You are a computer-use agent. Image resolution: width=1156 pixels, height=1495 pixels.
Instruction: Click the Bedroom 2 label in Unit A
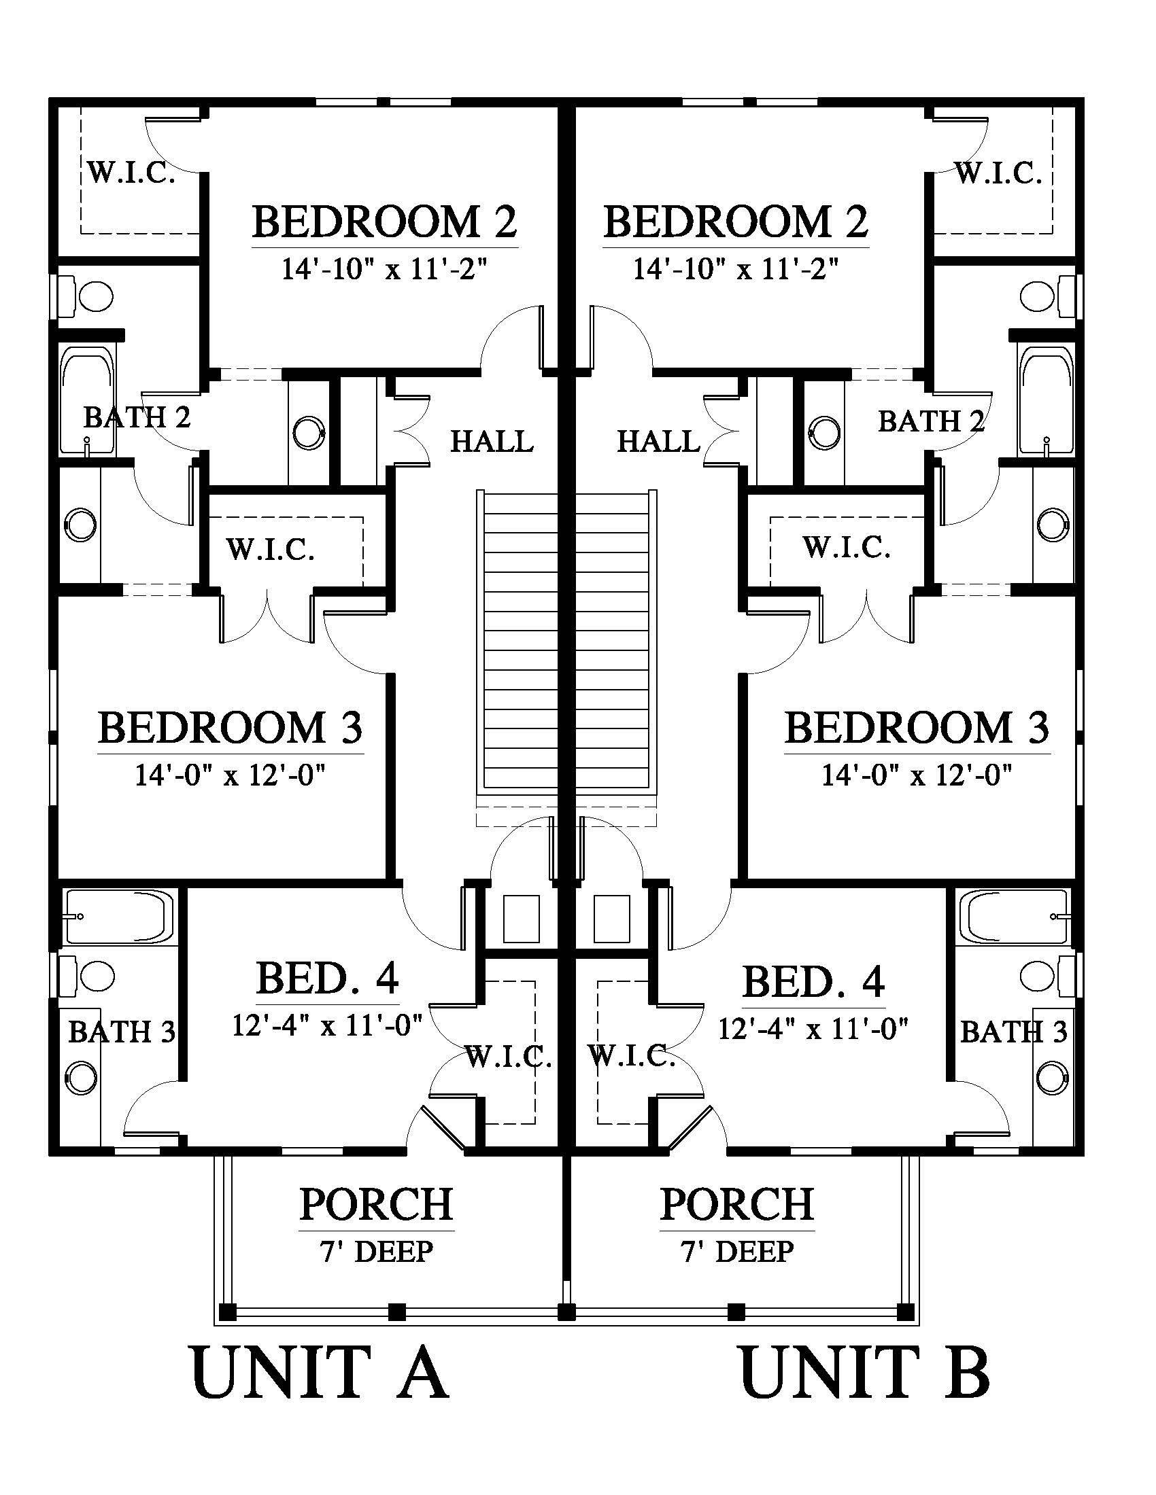(385, 222)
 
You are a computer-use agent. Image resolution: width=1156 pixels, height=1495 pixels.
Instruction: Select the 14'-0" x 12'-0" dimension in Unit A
(229, 775)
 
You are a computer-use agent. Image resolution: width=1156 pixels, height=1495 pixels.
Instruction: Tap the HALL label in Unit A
(492, 442)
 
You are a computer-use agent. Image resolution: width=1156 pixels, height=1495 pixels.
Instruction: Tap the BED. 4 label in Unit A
(327, 979)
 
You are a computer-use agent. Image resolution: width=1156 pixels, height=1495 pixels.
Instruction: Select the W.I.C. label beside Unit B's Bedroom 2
(998, 174)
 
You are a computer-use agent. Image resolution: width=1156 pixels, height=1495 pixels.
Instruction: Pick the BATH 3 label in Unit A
(122, 1032)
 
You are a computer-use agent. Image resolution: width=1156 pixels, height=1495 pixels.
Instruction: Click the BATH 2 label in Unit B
(932, 422)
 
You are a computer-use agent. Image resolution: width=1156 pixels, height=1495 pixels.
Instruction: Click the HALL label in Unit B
(659, 442)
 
